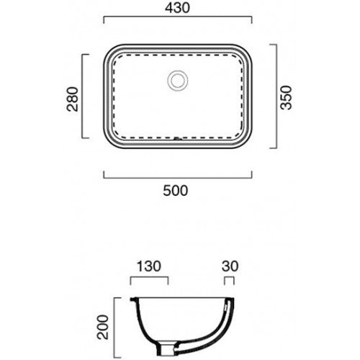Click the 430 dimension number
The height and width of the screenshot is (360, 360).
click(177, 8)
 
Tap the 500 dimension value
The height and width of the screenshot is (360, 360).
click(176, 191)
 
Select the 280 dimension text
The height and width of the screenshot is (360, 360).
click(73, 99)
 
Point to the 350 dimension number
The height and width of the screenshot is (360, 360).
click(287, 97)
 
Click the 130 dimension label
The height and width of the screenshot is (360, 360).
click(149, 266)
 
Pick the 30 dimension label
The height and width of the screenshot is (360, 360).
click(230, 266)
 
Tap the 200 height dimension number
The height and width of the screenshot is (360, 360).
click(103, 327)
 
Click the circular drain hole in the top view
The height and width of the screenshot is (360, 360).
click(178, 80)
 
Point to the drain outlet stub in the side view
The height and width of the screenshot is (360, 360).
click(165, 349)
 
